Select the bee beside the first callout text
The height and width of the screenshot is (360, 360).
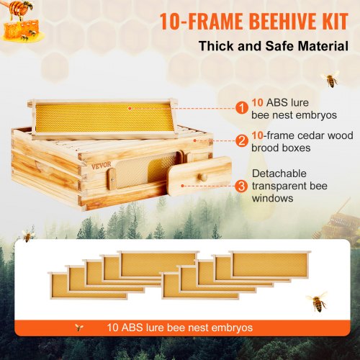pos(331,78)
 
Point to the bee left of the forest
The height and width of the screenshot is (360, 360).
pos(27,235)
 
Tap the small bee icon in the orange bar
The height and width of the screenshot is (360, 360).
pos(78,327)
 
